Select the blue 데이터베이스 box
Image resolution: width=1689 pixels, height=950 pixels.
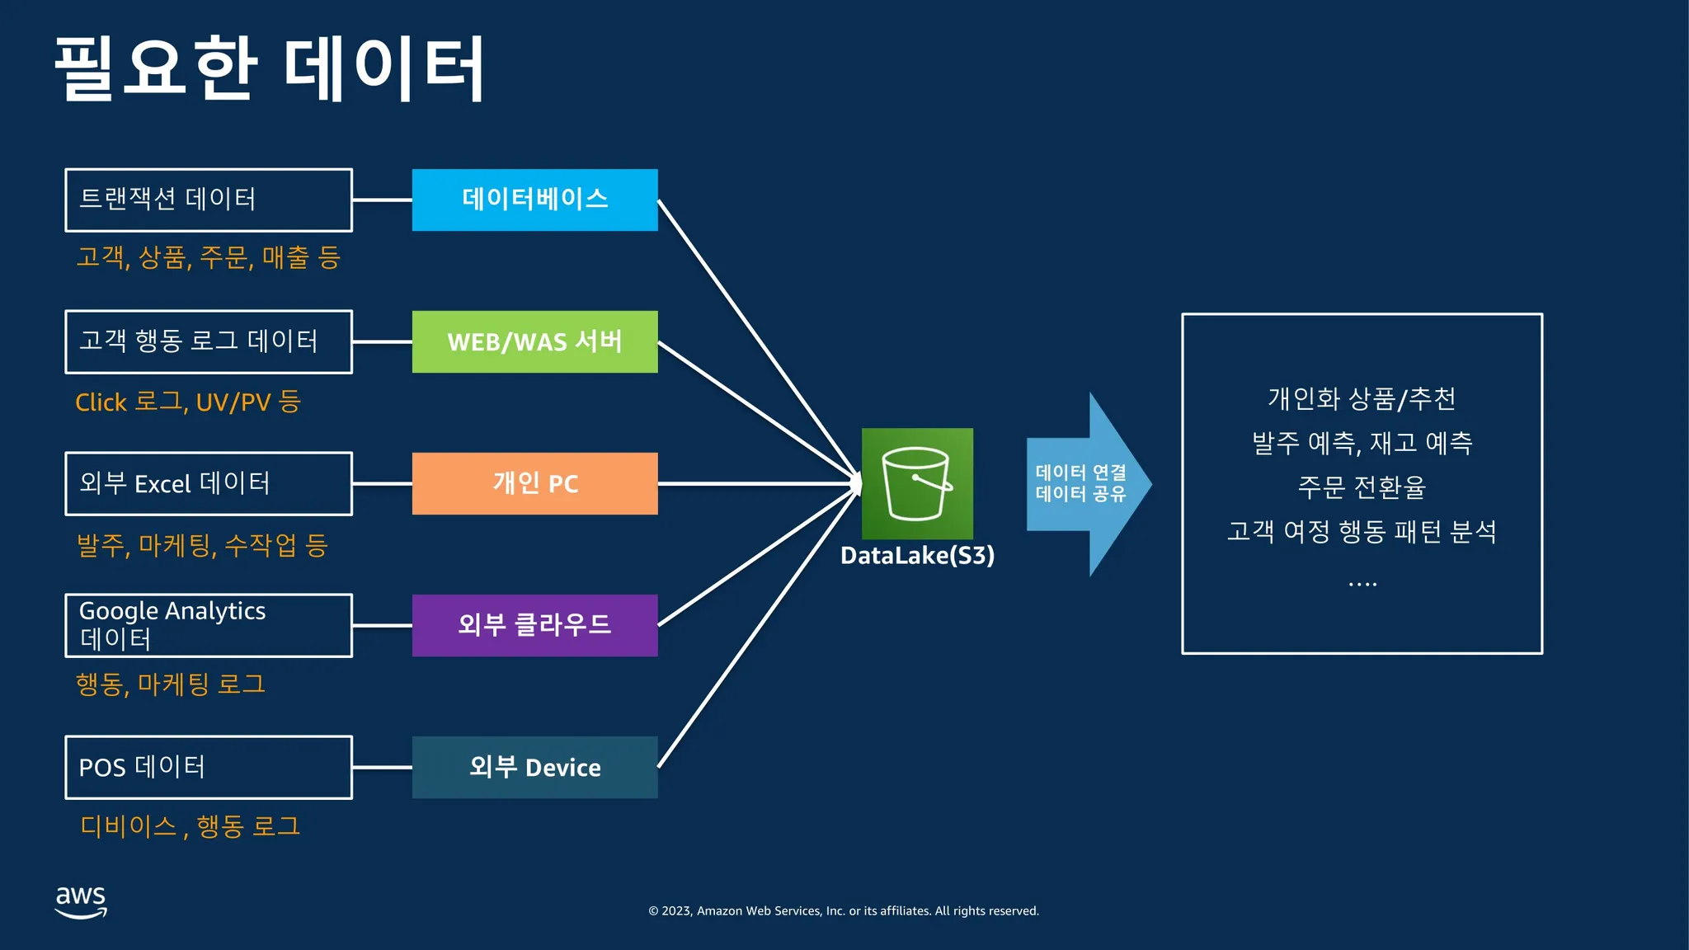click(x=534, y=200)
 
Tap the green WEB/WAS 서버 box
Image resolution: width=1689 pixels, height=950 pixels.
click(x=534, y=341)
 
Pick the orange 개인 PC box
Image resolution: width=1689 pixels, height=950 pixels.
click(x=534, y=483)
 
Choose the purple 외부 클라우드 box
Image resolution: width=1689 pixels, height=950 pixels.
click(x=534, y=625)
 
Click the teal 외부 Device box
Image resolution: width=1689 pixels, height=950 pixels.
click(x=534, y=767)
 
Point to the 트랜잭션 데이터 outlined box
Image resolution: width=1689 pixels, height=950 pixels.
click(x=209, y=200)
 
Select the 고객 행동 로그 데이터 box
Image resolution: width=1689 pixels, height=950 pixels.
click(x=209, y=341)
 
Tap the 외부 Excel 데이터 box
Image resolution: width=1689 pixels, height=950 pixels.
click(x=209, y=483)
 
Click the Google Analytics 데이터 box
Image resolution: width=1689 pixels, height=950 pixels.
click(x=209, y=625)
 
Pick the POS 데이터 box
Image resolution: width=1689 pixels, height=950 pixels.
click(x=209, y=767)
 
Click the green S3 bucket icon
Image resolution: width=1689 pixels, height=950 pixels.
click(x=917, y=483)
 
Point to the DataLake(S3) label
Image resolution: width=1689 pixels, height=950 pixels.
click(x=917, y=556)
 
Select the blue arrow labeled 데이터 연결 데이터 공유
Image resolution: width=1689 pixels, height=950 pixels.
click(x=1085, y=484)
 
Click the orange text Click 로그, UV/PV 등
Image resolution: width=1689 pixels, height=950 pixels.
click(x=188, y=402)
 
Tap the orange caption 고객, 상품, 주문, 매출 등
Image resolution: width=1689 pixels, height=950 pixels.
click(x=209, y=258)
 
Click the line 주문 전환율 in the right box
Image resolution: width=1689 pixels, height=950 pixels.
click(x=1362, y=487)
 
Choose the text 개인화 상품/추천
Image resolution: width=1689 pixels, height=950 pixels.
click(x=1362, y=399)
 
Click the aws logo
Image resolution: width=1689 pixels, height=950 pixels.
click(x=81, y=901)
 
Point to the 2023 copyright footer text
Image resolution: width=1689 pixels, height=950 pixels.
click(x=844, y=911)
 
